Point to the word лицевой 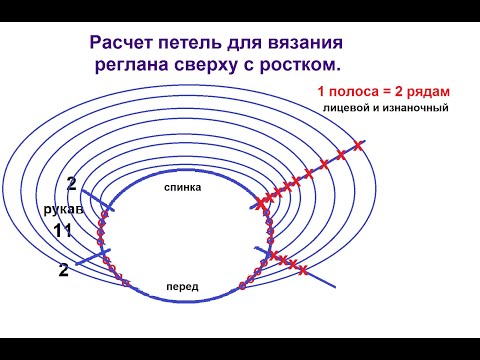coord(344,107)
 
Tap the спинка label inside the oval coord(184,187)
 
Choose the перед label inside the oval coord(183,287)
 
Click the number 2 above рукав coord(71,185)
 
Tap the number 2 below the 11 coord(63,269)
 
